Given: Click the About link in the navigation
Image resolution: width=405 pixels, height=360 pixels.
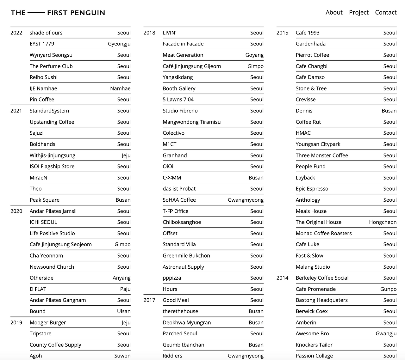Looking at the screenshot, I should click(x=334, y=12).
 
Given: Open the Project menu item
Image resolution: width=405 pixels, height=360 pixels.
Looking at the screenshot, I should click(x=359, y=12).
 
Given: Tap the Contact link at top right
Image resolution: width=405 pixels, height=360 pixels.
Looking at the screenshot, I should click(x=386, y=12).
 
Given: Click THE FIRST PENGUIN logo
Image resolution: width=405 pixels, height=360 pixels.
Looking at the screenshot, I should click(x=58, y=13).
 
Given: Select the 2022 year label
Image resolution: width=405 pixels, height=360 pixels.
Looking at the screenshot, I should click(x=16, y=33).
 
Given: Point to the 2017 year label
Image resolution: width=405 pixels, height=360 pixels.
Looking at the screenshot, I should click(x=149, y=300).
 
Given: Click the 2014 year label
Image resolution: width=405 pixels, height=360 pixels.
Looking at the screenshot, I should click(x=282, y=278).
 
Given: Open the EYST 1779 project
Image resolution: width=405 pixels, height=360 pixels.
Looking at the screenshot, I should click(x=42, y=44).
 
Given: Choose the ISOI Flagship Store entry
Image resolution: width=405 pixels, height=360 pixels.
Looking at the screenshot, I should click(x=52, y=166).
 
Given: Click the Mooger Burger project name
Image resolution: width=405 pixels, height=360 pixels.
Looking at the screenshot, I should click(x=48, y=322).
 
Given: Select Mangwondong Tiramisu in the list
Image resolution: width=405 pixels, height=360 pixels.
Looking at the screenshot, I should click(x=191, y=122).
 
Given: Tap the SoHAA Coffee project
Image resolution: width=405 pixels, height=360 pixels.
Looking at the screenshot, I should click(x=179, y=200).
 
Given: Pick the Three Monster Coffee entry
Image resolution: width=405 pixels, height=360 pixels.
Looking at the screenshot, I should click(x=322, y=155).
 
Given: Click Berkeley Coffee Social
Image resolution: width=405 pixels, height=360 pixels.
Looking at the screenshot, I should click(x=322, y=278).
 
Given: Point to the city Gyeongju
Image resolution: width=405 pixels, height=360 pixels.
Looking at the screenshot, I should click(x=119, y=44).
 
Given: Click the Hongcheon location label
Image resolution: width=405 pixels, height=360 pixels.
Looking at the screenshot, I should click(x=383, y=222).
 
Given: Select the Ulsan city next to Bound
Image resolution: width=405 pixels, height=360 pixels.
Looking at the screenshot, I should click(x=124, y=311).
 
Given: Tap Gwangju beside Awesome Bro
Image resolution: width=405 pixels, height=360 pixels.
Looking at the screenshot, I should click(x=386, y=333).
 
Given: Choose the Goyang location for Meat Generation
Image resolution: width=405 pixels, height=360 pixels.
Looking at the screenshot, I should click(x=254, y=55).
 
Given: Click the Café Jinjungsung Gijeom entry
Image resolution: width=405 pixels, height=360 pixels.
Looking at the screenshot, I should click(x=192, y=66).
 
